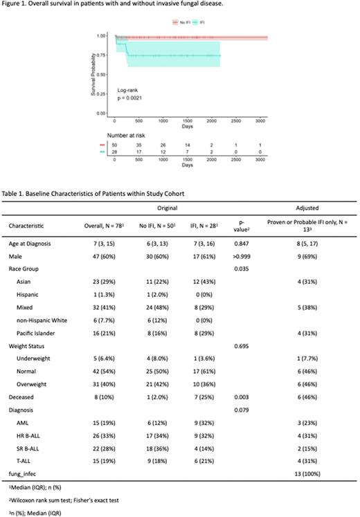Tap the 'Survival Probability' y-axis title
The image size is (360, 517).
(x=93, y=73)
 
